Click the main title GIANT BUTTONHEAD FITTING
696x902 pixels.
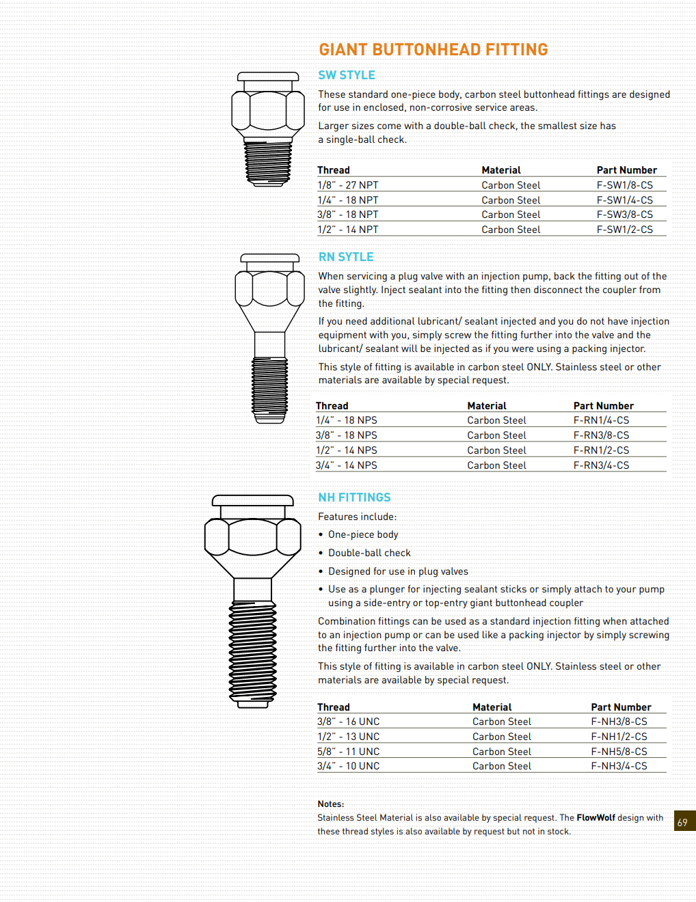[433, 50]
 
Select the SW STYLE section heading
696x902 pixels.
[347, 75]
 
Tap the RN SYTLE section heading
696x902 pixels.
[346, 257]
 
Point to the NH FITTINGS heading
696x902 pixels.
[354, 497]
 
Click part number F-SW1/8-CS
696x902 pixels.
[624, 185]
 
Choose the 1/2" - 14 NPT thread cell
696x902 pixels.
[348, 230]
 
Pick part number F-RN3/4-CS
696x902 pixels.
[601, 465]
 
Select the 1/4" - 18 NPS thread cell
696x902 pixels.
[347, 420]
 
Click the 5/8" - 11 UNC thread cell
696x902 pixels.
[348, 752]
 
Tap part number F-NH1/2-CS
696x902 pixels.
[619, 737]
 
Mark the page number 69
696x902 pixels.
[682, 823]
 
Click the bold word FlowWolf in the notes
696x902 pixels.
[595, 818]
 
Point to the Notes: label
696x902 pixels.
[331, 804]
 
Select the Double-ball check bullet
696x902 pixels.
[369, 553]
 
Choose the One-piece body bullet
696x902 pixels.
[363, 534]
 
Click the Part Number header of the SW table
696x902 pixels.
[626, 170]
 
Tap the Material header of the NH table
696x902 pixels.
[492, 707]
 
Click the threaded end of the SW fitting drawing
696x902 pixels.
[268, 162]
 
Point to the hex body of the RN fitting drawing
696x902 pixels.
[269, 288]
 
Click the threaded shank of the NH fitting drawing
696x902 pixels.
[253, 653]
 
